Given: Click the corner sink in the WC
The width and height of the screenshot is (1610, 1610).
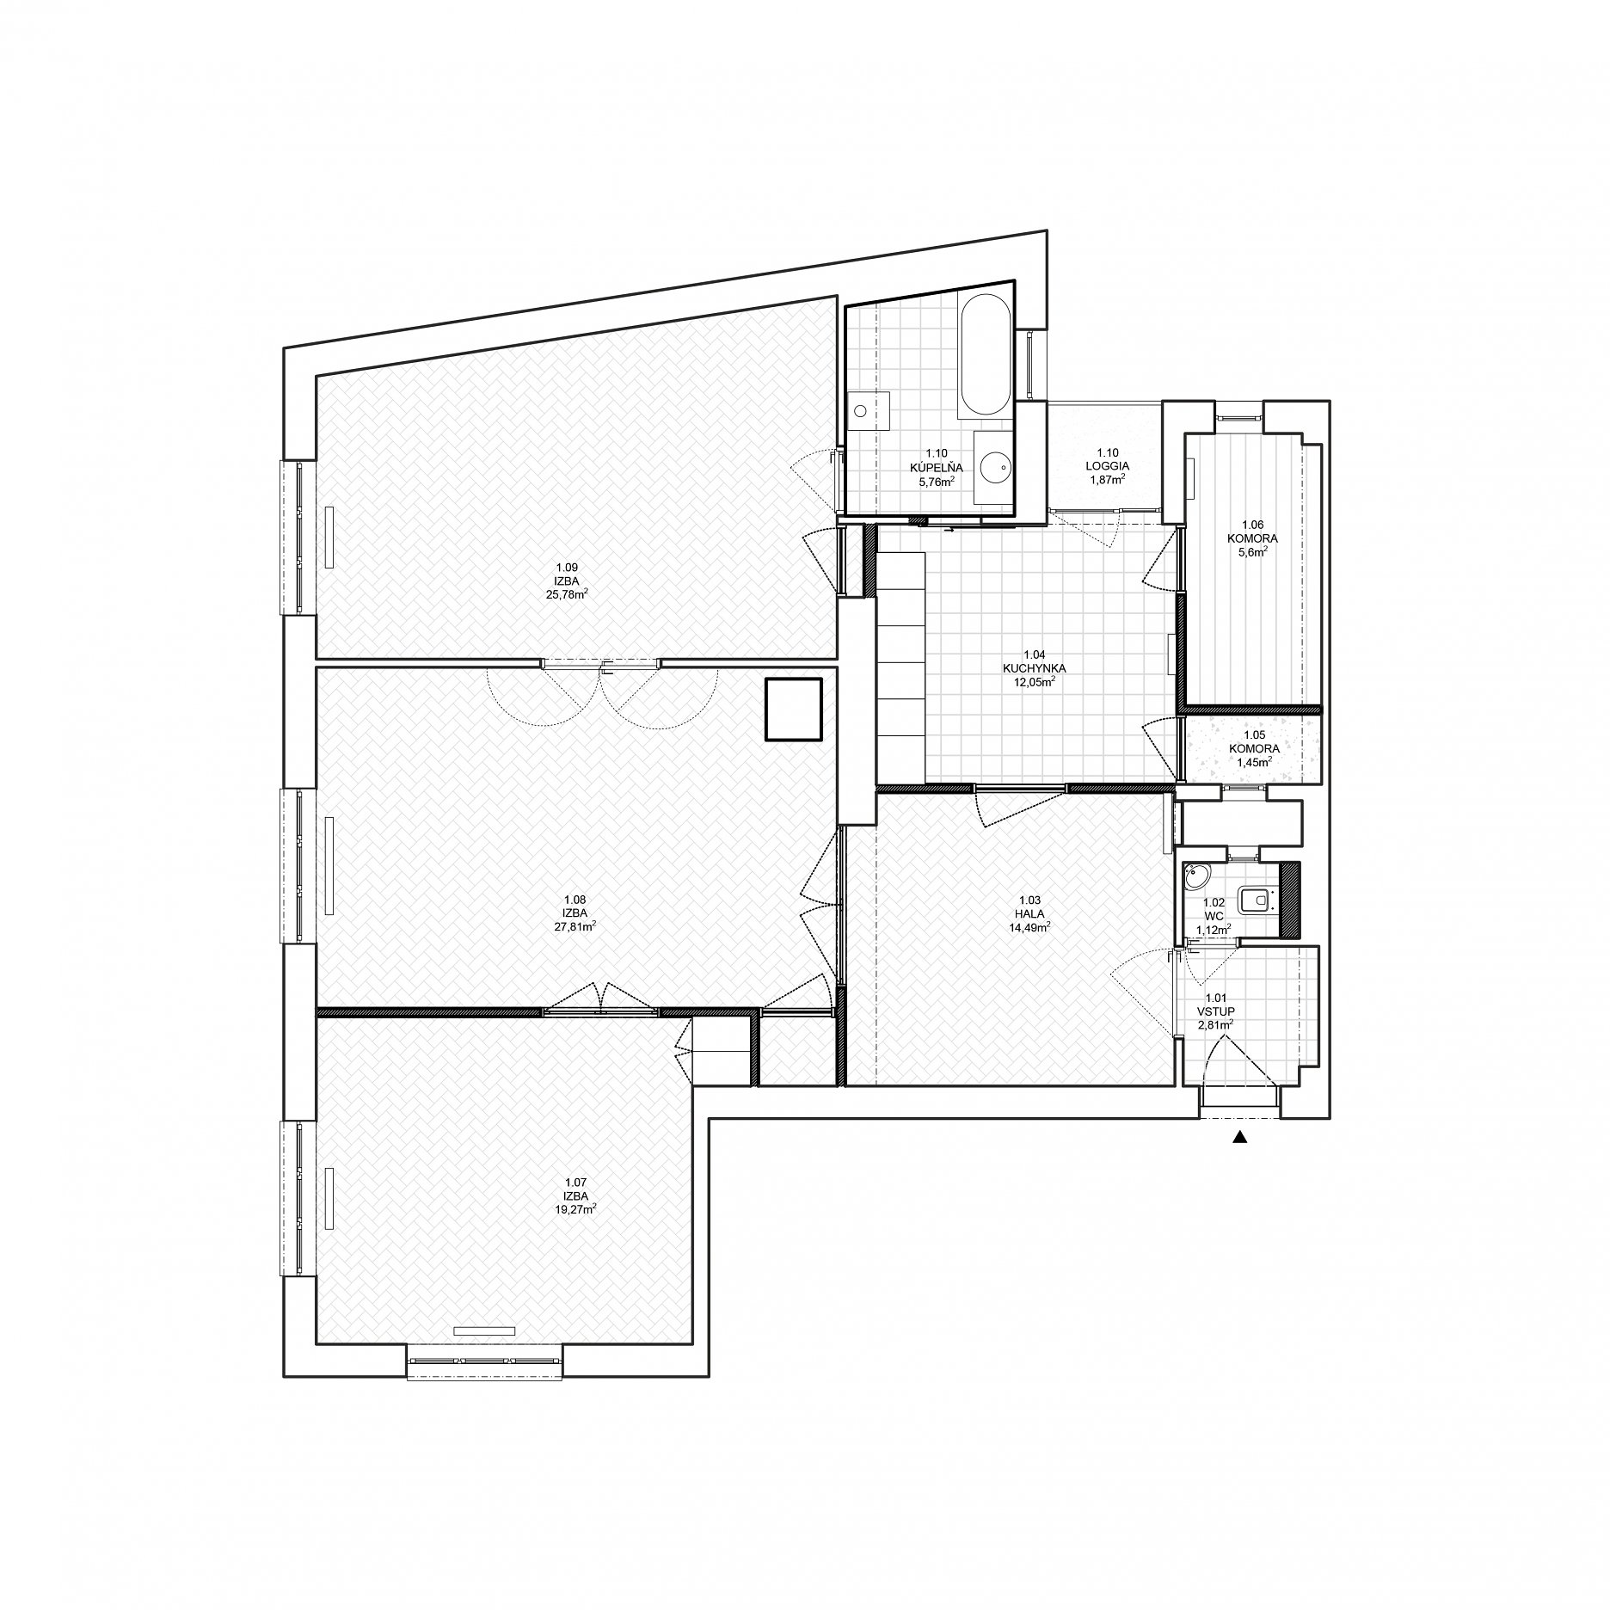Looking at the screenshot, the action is [x=1196, y=878].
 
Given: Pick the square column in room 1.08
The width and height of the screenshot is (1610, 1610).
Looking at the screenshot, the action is [x=794, y=710].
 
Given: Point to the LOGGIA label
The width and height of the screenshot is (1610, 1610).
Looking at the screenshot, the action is [x=1107, y=466].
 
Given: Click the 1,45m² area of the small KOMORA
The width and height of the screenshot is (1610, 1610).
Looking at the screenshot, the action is [x=1253, y=761].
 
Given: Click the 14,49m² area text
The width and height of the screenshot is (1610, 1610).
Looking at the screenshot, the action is [x=1029, y=927].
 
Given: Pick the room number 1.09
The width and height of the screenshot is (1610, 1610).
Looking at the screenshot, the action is [x=566, y=567].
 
